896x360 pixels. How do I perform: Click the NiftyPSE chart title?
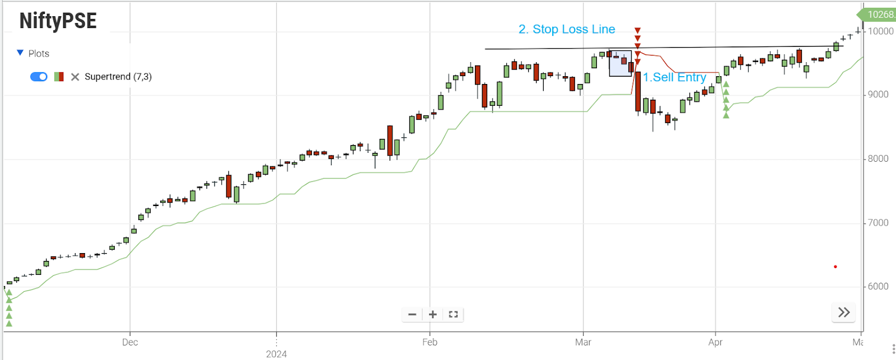58,21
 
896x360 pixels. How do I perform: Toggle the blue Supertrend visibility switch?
39,77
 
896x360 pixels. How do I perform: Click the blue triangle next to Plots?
20,53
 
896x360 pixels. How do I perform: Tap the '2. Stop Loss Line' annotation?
567,29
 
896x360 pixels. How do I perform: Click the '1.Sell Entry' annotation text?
674,77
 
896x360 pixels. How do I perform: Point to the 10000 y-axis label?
880,31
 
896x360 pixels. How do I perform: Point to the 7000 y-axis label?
878,223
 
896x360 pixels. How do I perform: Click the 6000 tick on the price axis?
878,286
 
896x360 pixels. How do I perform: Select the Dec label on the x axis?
130,342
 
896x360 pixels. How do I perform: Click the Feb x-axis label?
430,342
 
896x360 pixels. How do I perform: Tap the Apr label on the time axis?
715,342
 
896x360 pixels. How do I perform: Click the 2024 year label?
276,354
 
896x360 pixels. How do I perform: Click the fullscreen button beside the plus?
453,315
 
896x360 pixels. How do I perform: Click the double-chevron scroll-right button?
844,312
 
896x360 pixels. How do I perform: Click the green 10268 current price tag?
879,15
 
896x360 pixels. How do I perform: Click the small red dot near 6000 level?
835,267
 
